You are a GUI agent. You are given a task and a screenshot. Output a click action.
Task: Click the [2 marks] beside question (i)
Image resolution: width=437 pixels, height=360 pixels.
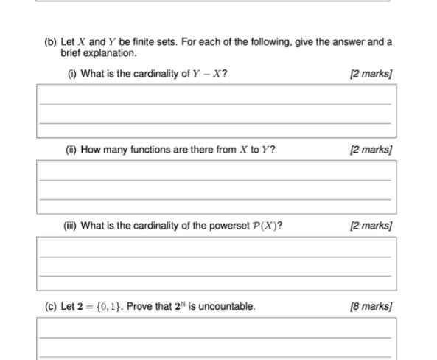click(372, 73)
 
